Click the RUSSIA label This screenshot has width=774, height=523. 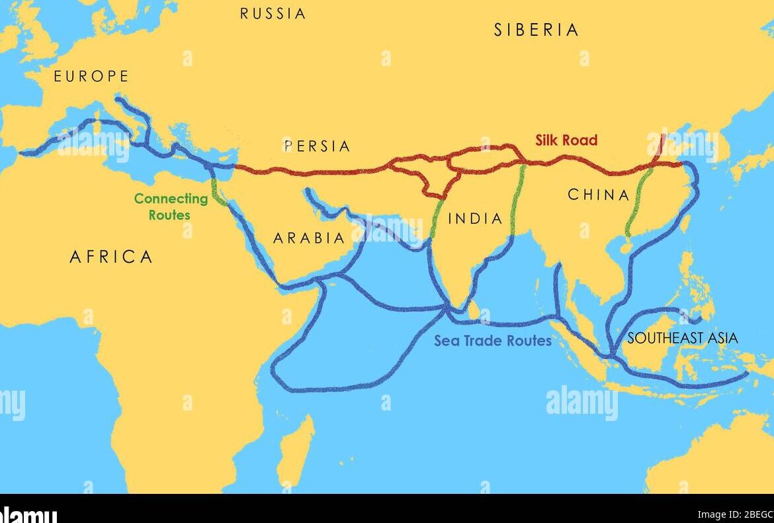pos(273,13)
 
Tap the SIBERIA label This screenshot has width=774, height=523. pos(536,30)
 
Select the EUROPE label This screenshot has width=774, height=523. pos(91,77)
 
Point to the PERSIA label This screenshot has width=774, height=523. pos(317,146)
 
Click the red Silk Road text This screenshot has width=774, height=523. pos(566,140)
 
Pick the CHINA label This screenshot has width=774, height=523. pos(599,195)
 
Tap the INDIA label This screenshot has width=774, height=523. pos(475,218)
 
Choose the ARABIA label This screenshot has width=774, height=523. pos(309,238)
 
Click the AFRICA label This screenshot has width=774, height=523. pos(111,257)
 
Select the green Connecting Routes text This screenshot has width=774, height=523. pos(171,207)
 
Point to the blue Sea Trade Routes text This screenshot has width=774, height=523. pos(492,341)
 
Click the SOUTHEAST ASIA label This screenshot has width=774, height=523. pos(682,338)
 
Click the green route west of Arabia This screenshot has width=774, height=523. pos(216,189)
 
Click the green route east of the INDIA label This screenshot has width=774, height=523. pos(518,199)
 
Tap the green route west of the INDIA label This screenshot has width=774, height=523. pos(436,218)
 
